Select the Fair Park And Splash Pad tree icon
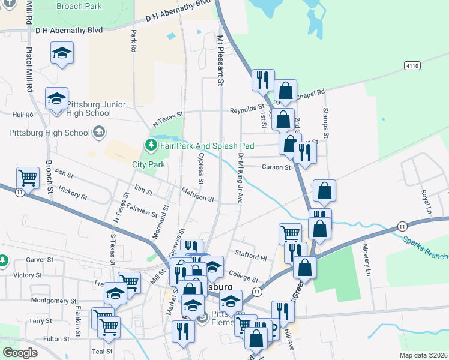151,145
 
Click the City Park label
148,164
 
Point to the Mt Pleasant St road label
220,61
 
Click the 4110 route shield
412,65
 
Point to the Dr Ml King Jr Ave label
240,178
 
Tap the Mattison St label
197,197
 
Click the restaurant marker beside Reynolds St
263,80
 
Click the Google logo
20,352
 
